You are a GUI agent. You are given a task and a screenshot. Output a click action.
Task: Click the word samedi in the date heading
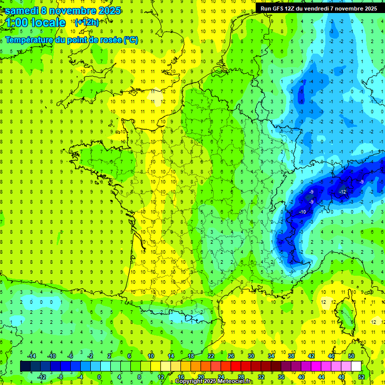(22, 11)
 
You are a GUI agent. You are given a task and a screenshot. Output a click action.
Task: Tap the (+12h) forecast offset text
(87, 22)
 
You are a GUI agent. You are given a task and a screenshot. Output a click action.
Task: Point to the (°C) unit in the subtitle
(130, 40)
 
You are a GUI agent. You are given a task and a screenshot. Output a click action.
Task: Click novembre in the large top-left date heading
(74, 11)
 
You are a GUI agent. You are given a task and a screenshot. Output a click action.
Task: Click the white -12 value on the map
(342, 192)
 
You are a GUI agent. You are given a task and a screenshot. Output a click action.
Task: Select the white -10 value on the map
(302, 213)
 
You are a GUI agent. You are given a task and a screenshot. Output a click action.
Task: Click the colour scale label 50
(351, 355)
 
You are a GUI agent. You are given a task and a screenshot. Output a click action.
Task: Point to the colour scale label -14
(31, 355)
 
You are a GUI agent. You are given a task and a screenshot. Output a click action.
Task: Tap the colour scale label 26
(231, 355)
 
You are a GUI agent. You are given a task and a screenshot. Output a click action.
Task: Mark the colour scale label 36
(281, 376)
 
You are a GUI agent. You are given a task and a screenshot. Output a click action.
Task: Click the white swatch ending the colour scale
(356, 366)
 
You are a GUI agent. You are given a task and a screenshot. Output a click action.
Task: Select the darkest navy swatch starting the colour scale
(25, 366)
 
